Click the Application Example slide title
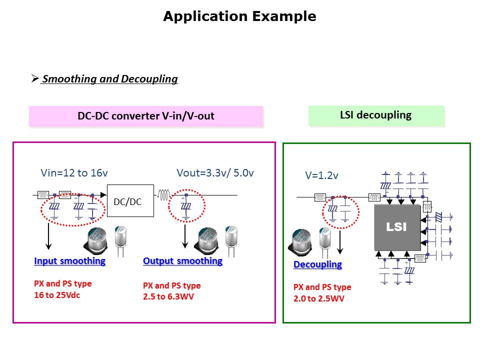(x=239, y=16)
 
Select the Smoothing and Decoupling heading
(x=109, y=79)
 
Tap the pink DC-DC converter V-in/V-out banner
(x=145, y=116)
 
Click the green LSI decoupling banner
(x=375, y=115)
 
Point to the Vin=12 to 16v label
(x=74, y=173)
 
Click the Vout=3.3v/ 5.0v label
(x=215, y=173)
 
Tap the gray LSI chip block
(x=397, y=227)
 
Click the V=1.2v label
(x=321, y=175)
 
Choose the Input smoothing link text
(x=69, y=261)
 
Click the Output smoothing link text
(x=182, y=261)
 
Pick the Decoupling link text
(x=317, y=264)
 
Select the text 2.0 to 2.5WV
(x=318, y=298)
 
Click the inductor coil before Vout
(x=165, y=195)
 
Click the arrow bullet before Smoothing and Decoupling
(x=34, y=78)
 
